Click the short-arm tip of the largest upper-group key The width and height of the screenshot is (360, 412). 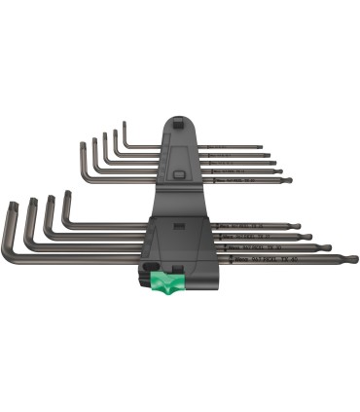(83, 145)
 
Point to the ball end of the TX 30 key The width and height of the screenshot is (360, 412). (327, 247)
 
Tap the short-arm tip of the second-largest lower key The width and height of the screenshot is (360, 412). (29, 202)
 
